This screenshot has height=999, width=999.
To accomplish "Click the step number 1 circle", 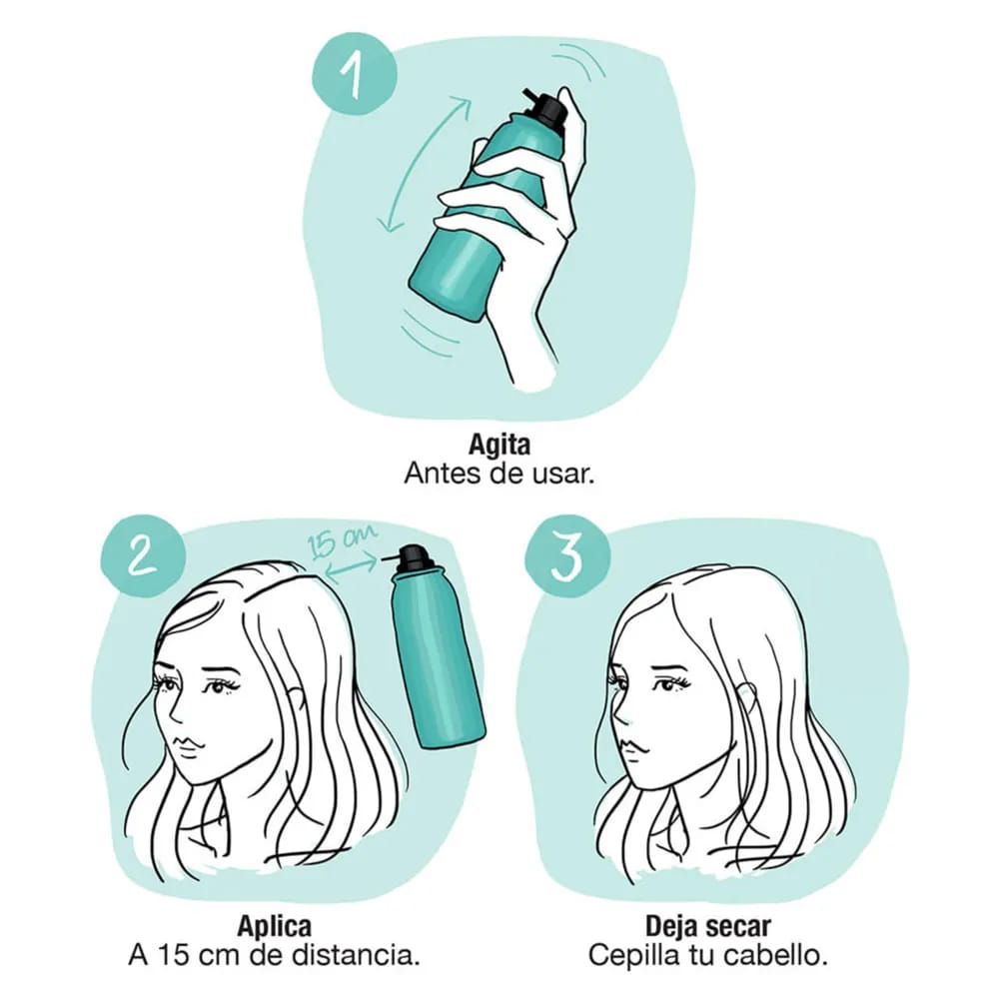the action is tap(355, 75).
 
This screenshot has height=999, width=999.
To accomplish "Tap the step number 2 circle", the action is tap(143, 556).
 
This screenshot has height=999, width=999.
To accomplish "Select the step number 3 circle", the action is tap(567, 556).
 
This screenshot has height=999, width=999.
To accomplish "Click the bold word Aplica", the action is tap(275, 926).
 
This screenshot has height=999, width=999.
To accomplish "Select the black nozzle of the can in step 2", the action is tap(411, 556).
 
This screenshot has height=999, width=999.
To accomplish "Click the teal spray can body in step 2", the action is tap(438, 656).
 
